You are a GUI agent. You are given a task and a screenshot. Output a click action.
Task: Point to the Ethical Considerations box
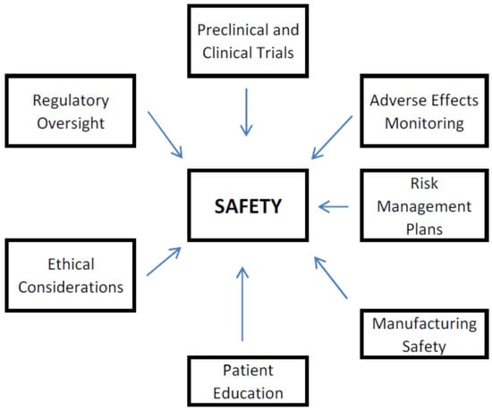(65, 275)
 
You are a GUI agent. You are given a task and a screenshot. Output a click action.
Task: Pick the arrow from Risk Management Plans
(334, 207)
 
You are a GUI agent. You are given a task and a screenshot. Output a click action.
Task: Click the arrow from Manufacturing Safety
(331, 276)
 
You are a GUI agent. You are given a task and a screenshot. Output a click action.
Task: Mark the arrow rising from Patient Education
(242, 304)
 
